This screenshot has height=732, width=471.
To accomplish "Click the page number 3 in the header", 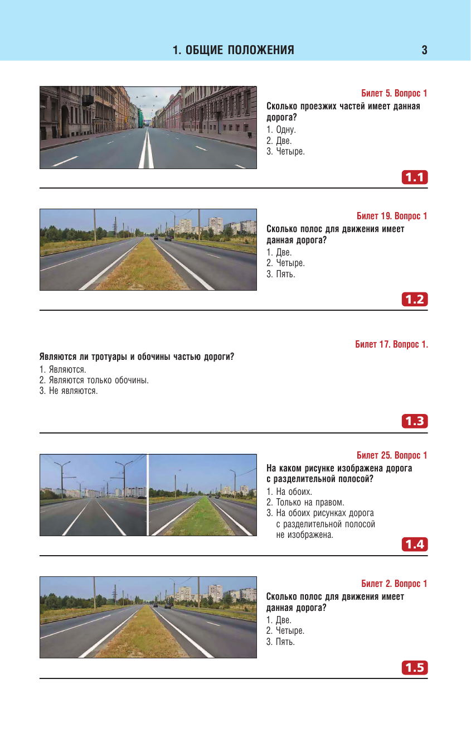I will (x=424, y=51).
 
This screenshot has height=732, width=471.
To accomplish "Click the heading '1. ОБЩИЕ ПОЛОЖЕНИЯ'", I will (x=234, y=51).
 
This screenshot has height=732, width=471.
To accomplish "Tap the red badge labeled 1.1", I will (x=415, y=177).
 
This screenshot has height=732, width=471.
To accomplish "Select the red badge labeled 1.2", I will (x=415, y=300).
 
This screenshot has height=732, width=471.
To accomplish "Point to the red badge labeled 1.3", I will (x=415, y=422).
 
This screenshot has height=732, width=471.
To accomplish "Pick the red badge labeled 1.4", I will (x=415, y=545).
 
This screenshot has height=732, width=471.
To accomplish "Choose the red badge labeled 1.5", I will (x=415, y=667).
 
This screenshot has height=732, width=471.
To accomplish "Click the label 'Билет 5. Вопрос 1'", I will (x=394, y=93).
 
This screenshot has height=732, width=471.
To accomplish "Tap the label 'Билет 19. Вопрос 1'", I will (x=392, y=216).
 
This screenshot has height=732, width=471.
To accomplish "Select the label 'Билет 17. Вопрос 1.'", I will (x=391, y=344).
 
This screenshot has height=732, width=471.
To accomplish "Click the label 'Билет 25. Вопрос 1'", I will (x=392, y=455).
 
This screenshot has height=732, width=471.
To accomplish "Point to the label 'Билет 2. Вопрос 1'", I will (x=394, y=584).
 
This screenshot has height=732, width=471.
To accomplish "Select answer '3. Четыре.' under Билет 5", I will (x=285, y=151).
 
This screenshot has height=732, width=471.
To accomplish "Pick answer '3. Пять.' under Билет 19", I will (x=280, y=274).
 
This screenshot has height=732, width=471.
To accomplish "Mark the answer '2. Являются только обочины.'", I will (x=94, y=380).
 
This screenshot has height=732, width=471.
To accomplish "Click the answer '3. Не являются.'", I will (x=69, y=391).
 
